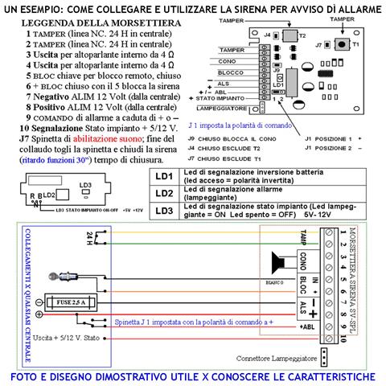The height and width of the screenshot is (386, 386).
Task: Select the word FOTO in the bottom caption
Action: click(x=35, y=377)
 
